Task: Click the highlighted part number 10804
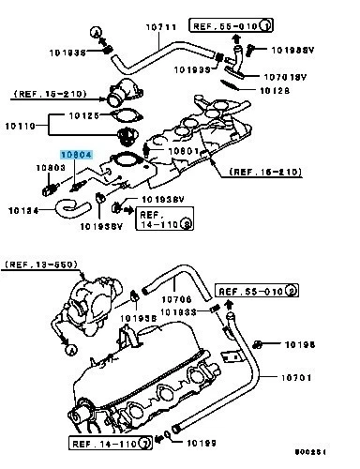pos(77,152)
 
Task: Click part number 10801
pos(183,149)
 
